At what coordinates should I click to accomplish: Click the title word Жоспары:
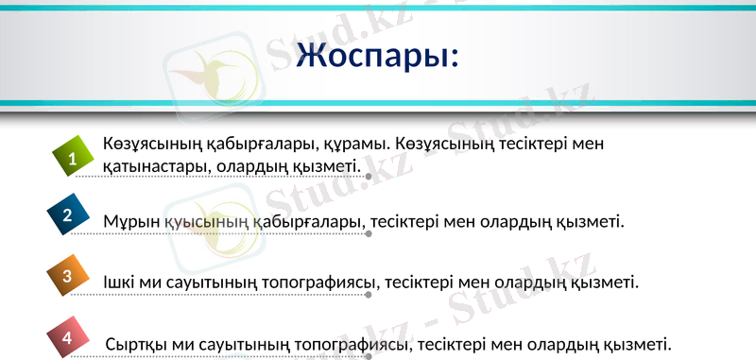point(377,56)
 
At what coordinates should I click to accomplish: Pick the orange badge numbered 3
point(67,276)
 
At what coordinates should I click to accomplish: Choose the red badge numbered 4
point(66,337)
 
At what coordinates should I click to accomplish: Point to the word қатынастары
point(155,167)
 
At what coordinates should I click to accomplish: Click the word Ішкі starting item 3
point(121,283)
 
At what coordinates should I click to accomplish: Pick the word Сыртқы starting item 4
point(134,344)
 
